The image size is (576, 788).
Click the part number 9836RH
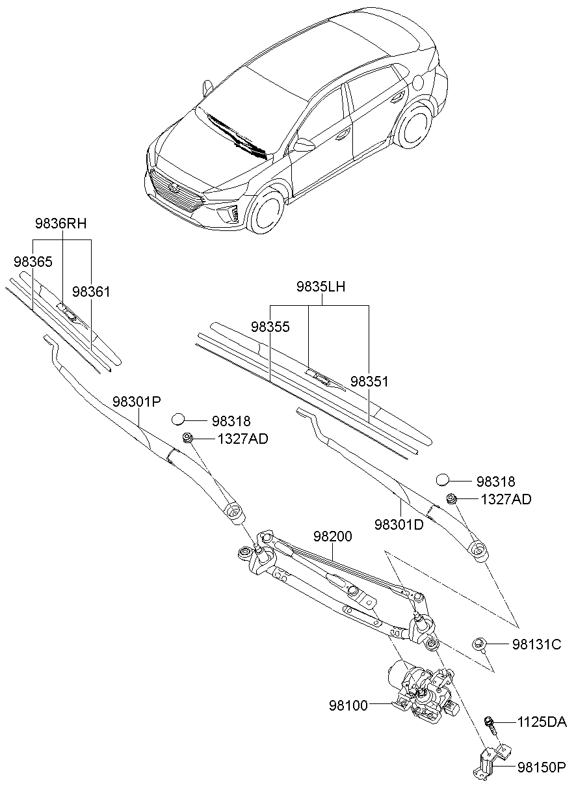tap(60, 224)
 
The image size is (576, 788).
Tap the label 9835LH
tap(321, 287)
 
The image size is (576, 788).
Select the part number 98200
tap(332, 537)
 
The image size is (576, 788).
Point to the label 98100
tap(348, 705)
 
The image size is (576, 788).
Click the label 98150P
tap(541, 768)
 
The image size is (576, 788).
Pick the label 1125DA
tap(542, 722)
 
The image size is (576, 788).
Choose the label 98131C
tap(536, 645)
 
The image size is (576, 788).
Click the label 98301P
tap(136, 401)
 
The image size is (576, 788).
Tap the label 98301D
tap(399, 524)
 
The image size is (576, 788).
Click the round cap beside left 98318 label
tap(179, 419)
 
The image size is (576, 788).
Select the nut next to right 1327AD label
tap(451, 499)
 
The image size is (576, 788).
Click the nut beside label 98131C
tap(479, 645)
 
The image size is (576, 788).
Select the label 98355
tap(270, 327)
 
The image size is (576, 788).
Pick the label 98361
tap(91, 292)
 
